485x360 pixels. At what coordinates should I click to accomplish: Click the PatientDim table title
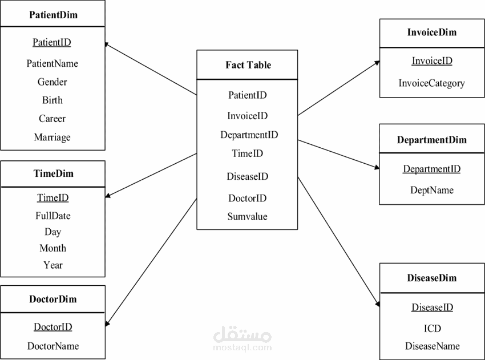point(53,15)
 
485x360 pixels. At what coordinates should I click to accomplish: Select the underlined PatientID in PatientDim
point(52,42)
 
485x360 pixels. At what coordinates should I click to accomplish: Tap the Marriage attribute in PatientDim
point(52,137)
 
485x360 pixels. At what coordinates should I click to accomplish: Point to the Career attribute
point(52,119)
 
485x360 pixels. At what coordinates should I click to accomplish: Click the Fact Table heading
point(248,65)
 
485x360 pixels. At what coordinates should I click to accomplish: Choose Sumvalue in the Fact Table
point(247,216)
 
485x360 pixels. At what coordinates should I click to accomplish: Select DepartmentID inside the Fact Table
point(249,135)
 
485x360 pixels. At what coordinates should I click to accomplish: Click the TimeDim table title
point(52,173)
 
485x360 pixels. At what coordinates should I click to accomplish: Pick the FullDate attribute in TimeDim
point(52,216)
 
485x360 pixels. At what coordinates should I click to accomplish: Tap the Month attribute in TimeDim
point(52,248)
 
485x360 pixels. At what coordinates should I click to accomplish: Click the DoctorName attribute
point(53,346)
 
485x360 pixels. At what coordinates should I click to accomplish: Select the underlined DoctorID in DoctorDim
point(52,327)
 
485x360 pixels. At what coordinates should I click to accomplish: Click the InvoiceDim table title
point(432,33)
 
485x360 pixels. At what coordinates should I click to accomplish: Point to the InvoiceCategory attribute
point(432,83)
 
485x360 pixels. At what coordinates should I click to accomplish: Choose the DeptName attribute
point(432,190)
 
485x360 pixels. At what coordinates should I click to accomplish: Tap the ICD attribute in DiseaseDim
point(432,328)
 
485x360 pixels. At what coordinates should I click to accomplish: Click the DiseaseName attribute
point(432,346)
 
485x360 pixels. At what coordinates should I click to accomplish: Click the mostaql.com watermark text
point(242,347)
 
